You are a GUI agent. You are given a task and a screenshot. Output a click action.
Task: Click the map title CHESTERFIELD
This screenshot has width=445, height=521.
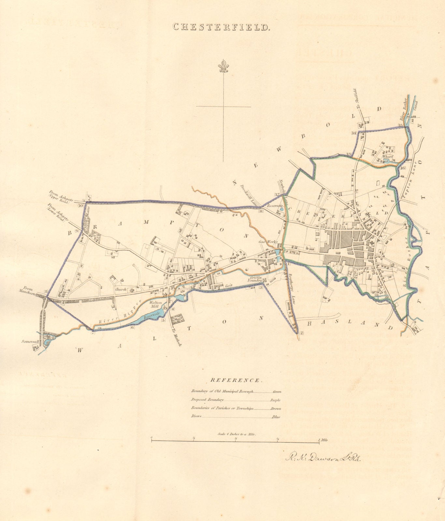[x=221, y=27]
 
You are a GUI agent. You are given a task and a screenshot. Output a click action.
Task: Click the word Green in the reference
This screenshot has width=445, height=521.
[x=277, y=392]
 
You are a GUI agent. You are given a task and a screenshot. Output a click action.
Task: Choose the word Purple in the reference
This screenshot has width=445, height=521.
[x=275, y=400]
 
